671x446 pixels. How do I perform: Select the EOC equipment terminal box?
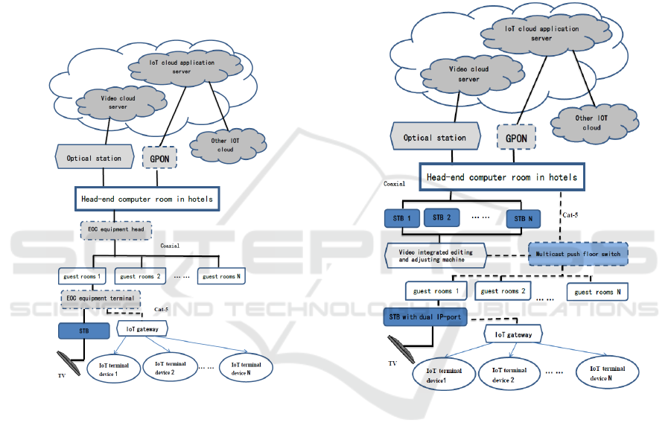99,298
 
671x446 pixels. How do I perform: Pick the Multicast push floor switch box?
578,254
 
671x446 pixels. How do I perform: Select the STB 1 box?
401,219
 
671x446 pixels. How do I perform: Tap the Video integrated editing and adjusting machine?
436,255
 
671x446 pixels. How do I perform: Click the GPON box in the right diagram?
516,138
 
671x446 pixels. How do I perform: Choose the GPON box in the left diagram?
157,158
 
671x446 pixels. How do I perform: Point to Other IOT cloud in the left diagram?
225,144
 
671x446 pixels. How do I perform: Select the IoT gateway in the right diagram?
514,335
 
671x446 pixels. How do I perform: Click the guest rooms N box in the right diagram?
602,292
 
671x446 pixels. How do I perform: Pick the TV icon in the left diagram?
71,361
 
